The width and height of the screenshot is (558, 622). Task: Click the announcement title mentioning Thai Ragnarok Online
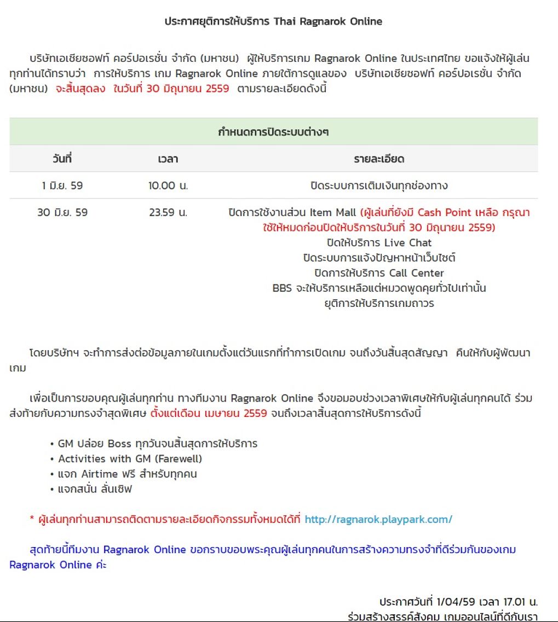[x=273, y=22]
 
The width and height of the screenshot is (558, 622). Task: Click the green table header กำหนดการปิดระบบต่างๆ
[x=273, y=132]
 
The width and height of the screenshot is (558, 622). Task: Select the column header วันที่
[x=62, y=159]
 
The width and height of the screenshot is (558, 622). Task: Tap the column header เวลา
[x=168, y=159]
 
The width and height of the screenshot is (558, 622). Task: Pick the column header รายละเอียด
[x=378, y=159]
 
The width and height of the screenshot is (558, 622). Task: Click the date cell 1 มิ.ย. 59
[x=62, y=185]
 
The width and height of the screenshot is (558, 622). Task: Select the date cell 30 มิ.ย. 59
[x=62, y=212]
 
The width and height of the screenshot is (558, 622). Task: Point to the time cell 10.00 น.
[x=168, y=185]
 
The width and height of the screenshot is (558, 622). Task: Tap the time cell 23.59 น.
[x=168, y=212]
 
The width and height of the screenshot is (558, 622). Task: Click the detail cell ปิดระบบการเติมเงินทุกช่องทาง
[x=378, y=185]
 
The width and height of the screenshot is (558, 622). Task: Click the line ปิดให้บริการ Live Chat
[x=378, y=242]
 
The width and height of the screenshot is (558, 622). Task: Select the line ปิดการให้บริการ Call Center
[x=378, y=272]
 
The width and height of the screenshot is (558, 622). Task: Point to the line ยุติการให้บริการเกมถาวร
[x=378, y=303]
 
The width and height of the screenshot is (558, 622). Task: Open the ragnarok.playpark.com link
[x=378, y=519]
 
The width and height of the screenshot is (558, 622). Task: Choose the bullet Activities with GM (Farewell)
[x=130, y=458]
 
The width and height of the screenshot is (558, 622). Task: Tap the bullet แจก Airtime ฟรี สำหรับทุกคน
[x=127, y=474]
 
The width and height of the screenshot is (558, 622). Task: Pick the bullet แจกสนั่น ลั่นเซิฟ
[x=95, y=489]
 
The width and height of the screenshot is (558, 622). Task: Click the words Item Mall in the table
[x=333, y=212]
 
